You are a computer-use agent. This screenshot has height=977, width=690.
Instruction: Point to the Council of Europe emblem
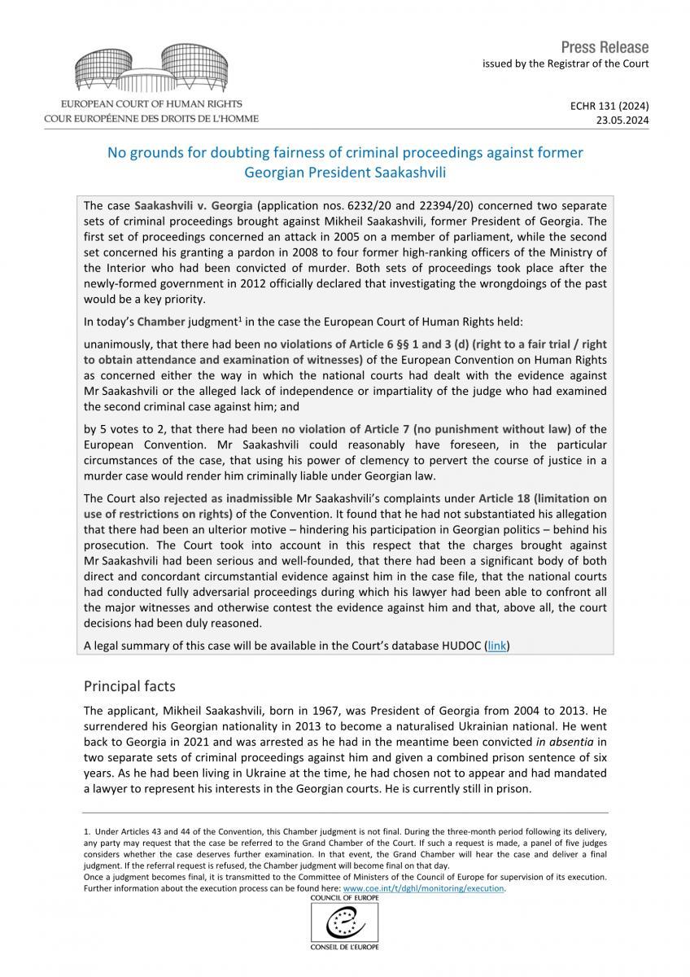click(344, 924)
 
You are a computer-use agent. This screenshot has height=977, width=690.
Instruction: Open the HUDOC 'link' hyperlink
click(496, 646)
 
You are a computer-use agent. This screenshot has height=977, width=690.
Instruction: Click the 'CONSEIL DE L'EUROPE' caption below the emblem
click(344, 949)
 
